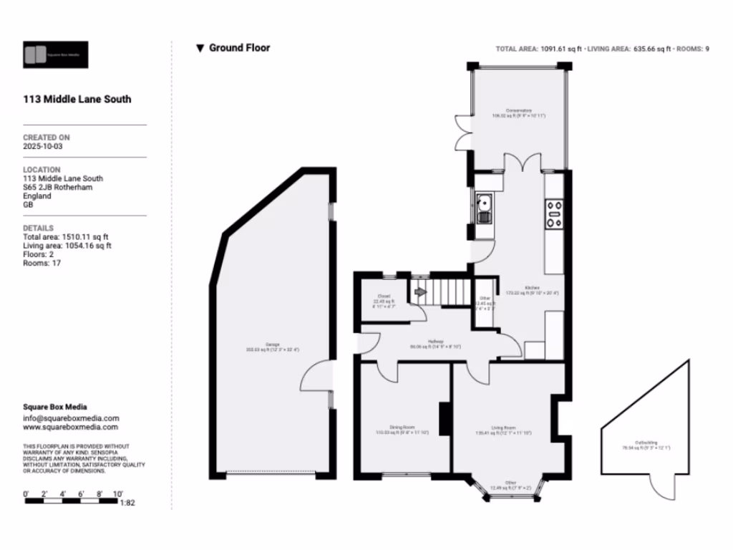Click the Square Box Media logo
point(55,54)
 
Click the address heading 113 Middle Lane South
point(77,100)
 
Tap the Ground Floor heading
point(239,48)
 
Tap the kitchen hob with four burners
point(554,213)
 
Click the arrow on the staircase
point(419,291)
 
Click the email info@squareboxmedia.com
point(71,418)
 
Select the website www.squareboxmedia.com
point(70,427)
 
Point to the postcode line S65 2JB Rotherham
point(57,187)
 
